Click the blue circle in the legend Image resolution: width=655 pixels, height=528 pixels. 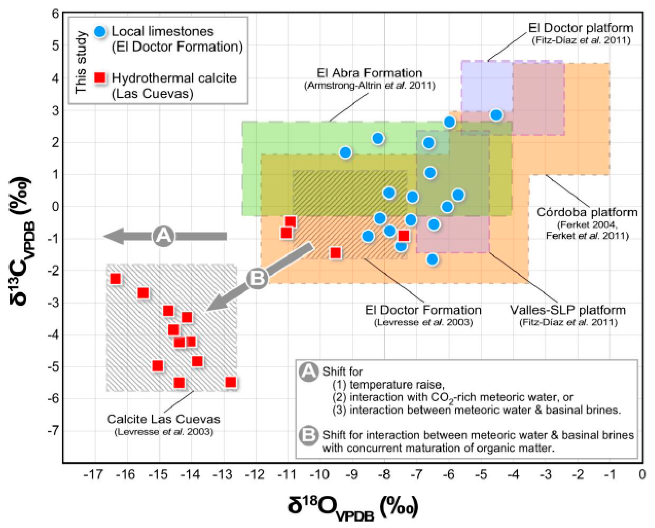click(100, 32)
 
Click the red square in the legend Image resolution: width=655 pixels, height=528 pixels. click(100, 78)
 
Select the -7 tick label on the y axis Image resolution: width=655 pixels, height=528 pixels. click(53, 431)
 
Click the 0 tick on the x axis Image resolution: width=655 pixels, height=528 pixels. click(642, 475)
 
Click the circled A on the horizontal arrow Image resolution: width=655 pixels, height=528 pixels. click(163, 236)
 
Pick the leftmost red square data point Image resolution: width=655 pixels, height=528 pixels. click(115, 279)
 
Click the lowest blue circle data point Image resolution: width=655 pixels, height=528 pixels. click(432, 259)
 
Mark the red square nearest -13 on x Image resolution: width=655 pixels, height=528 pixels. click(231, 382)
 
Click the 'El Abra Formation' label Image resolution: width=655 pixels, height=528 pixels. click(369, 73)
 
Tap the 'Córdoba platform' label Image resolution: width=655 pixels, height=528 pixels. click(586, 212)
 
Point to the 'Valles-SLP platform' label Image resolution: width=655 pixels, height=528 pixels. click(568, 310)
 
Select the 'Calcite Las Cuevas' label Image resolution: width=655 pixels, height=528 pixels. click(163, 419)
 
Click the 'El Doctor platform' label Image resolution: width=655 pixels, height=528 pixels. click(580, 28)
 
